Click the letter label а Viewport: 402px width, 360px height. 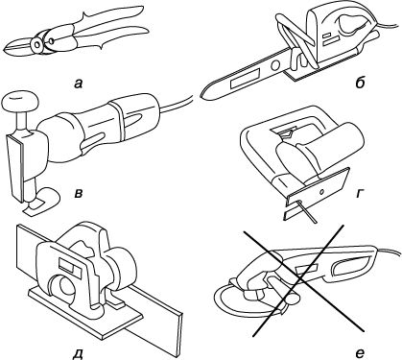click(x=78, y=84)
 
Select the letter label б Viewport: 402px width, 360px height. click(x=360, y=83)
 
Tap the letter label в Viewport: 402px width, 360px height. click(x=79, y=193)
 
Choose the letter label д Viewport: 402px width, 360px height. click(x=78, y=353)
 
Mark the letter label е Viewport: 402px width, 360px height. click(x=360, y=353)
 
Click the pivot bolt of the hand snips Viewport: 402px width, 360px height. click(x=38, y=44)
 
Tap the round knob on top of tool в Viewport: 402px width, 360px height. click(x=20, y=102)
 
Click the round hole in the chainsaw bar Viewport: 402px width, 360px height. click(x=274, y=65)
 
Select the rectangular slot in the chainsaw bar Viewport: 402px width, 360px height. click(x=245, y=79)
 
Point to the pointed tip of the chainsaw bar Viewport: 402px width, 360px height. click(x=201, y=95)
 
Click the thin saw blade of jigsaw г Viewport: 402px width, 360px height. click(x=308, y=211)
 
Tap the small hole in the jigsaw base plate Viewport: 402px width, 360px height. click(x=322, y=192)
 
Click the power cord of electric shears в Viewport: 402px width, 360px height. click(x=177, y=104)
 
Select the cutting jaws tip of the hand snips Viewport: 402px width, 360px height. click(x=6, y=50)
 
